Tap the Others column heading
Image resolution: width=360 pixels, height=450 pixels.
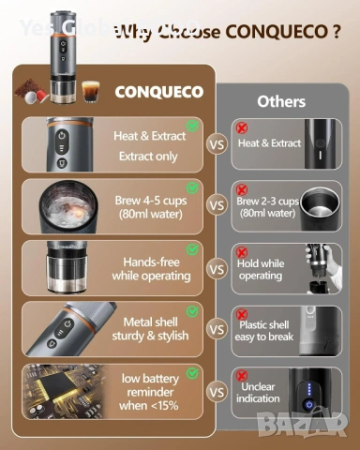point(280,100)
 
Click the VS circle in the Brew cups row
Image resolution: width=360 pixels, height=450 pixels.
point(217,205)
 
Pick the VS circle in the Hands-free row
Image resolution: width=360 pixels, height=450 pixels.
point(217,269)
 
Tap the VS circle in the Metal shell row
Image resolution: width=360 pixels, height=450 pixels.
point(217,330)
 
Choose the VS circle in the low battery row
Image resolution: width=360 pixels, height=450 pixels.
point(217,393)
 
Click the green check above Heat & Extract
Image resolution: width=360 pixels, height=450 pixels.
point(192,124)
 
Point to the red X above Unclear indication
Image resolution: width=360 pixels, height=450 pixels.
point(242,375)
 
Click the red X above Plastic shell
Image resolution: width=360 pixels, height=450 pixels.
point(242,314)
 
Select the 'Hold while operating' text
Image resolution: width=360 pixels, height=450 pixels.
point(260,271)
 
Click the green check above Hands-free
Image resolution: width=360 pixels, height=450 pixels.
point(192,249)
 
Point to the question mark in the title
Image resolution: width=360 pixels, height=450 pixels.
point(335,32)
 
